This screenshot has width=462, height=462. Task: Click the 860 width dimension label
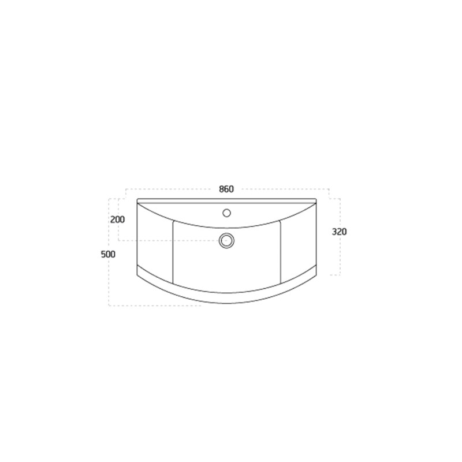226,189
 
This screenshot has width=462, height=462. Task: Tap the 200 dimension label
118,219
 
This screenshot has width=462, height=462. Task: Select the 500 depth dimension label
108,254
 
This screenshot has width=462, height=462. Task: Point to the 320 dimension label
340,232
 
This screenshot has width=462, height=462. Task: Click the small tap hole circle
226,213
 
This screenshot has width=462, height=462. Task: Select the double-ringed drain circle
226,240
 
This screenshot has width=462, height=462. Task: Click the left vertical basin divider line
173,252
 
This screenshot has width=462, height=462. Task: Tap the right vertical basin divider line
281,252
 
